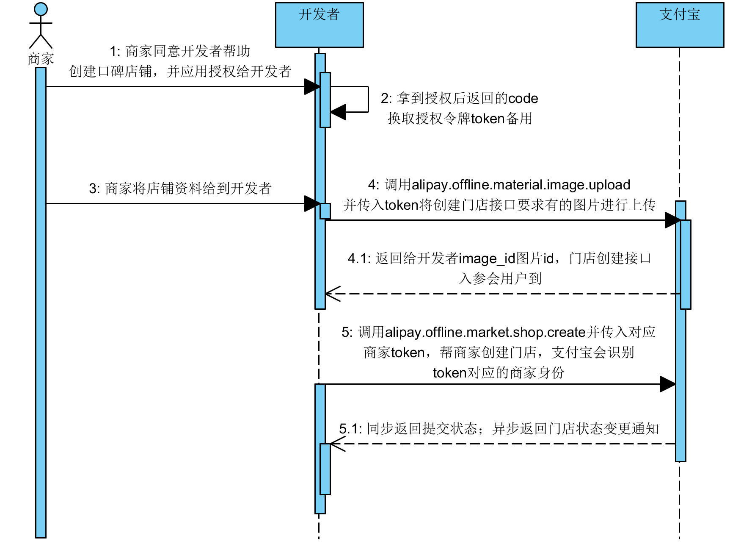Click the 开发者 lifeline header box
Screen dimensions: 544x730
[319, 25]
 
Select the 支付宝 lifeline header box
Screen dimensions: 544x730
[680, 25]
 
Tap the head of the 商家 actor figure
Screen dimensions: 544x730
[41, 9]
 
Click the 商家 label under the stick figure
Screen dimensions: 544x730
[41, 59]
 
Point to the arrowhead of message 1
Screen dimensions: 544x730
[312, 87]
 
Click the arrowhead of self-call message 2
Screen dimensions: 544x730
[338, 112]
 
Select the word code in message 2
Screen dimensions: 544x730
[523, 99]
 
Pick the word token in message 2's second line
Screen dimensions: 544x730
[488, 119]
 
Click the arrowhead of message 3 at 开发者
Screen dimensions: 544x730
[312, 204]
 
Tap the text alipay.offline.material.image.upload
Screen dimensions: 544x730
[521, 185]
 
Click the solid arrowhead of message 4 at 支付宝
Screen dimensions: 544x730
[672, 220]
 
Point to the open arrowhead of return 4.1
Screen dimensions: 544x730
[333, 294]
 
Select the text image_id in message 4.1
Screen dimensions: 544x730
[487, 258]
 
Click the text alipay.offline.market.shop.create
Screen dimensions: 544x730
[485, 333]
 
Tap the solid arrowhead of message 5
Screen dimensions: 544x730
[667, 384]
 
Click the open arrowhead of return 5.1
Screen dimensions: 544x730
[337, 444]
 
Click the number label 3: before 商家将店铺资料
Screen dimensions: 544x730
[94, 189]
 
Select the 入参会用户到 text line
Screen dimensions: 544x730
[500, 279]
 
